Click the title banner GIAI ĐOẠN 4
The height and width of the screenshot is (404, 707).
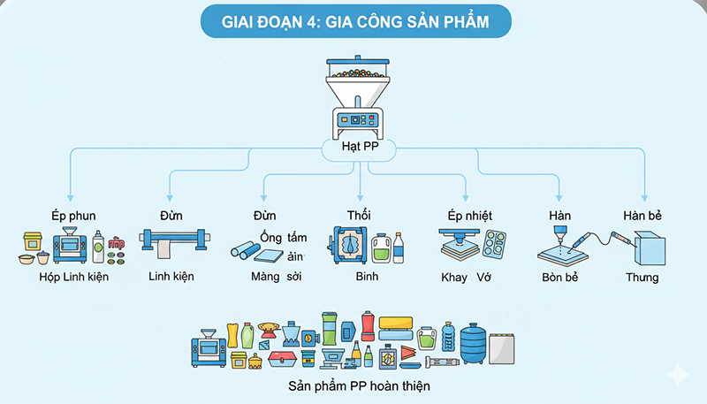point(353,19)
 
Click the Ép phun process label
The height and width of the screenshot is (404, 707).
point(73,215)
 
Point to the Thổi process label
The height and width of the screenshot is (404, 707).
point(361,215)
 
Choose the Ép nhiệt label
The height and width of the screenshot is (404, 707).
point(469,215)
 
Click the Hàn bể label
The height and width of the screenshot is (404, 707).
point(642,215)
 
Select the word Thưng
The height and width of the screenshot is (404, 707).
point(642,278)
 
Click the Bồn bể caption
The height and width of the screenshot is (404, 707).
point(559,278)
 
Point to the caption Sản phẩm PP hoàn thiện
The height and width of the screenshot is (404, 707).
point(359,386)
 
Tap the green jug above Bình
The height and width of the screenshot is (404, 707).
point(381,248)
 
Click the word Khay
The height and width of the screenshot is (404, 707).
point(454,278)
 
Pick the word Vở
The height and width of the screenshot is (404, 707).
point(483,278)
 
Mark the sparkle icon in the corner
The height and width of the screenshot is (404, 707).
point(679,375)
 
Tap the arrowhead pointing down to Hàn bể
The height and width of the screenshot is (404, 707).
point(646,199)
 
